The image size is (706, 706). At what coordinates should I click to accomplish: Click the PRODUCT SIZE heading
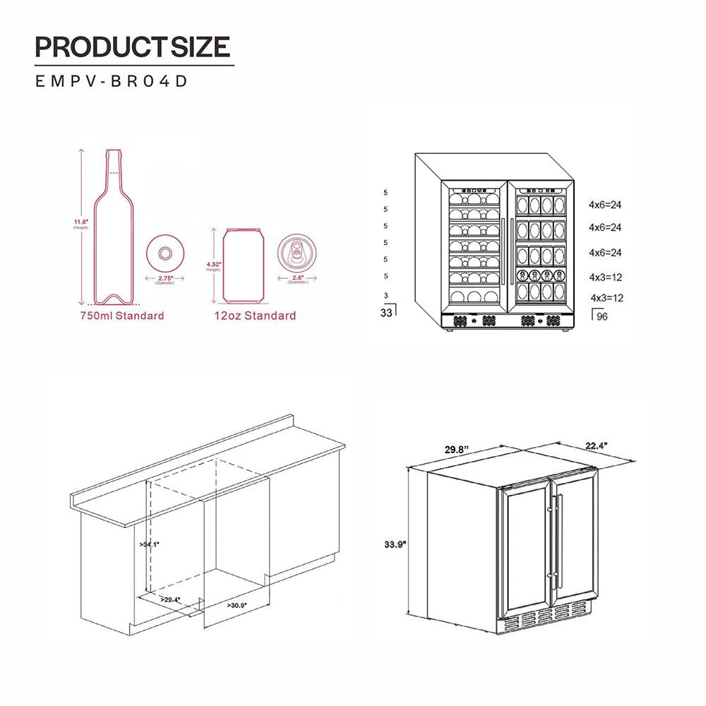133,47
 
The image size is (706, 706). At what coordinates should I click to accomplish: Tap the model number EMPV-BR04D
112,81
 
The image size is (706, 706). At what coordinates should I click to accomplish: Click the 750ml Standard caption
121,316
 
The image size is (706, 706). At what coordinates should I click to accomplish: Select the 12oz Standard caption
255,316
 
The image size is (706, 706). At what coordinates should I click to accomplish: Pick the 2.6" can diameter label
297,280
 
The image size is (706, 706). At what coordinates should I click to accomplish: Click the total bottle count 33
385,313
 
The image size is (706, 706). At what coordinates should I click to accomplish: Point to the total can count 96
602,316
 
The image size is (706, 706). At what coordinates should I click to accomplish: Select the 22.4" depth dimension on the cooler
597,445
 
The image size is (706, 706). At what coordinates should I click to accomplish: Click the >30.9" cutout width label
238,605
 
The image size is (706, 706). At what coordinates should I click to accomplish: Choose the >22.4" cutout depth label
170,599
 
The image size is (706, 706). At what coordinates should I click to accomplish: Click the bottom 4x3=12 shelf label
606,298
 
